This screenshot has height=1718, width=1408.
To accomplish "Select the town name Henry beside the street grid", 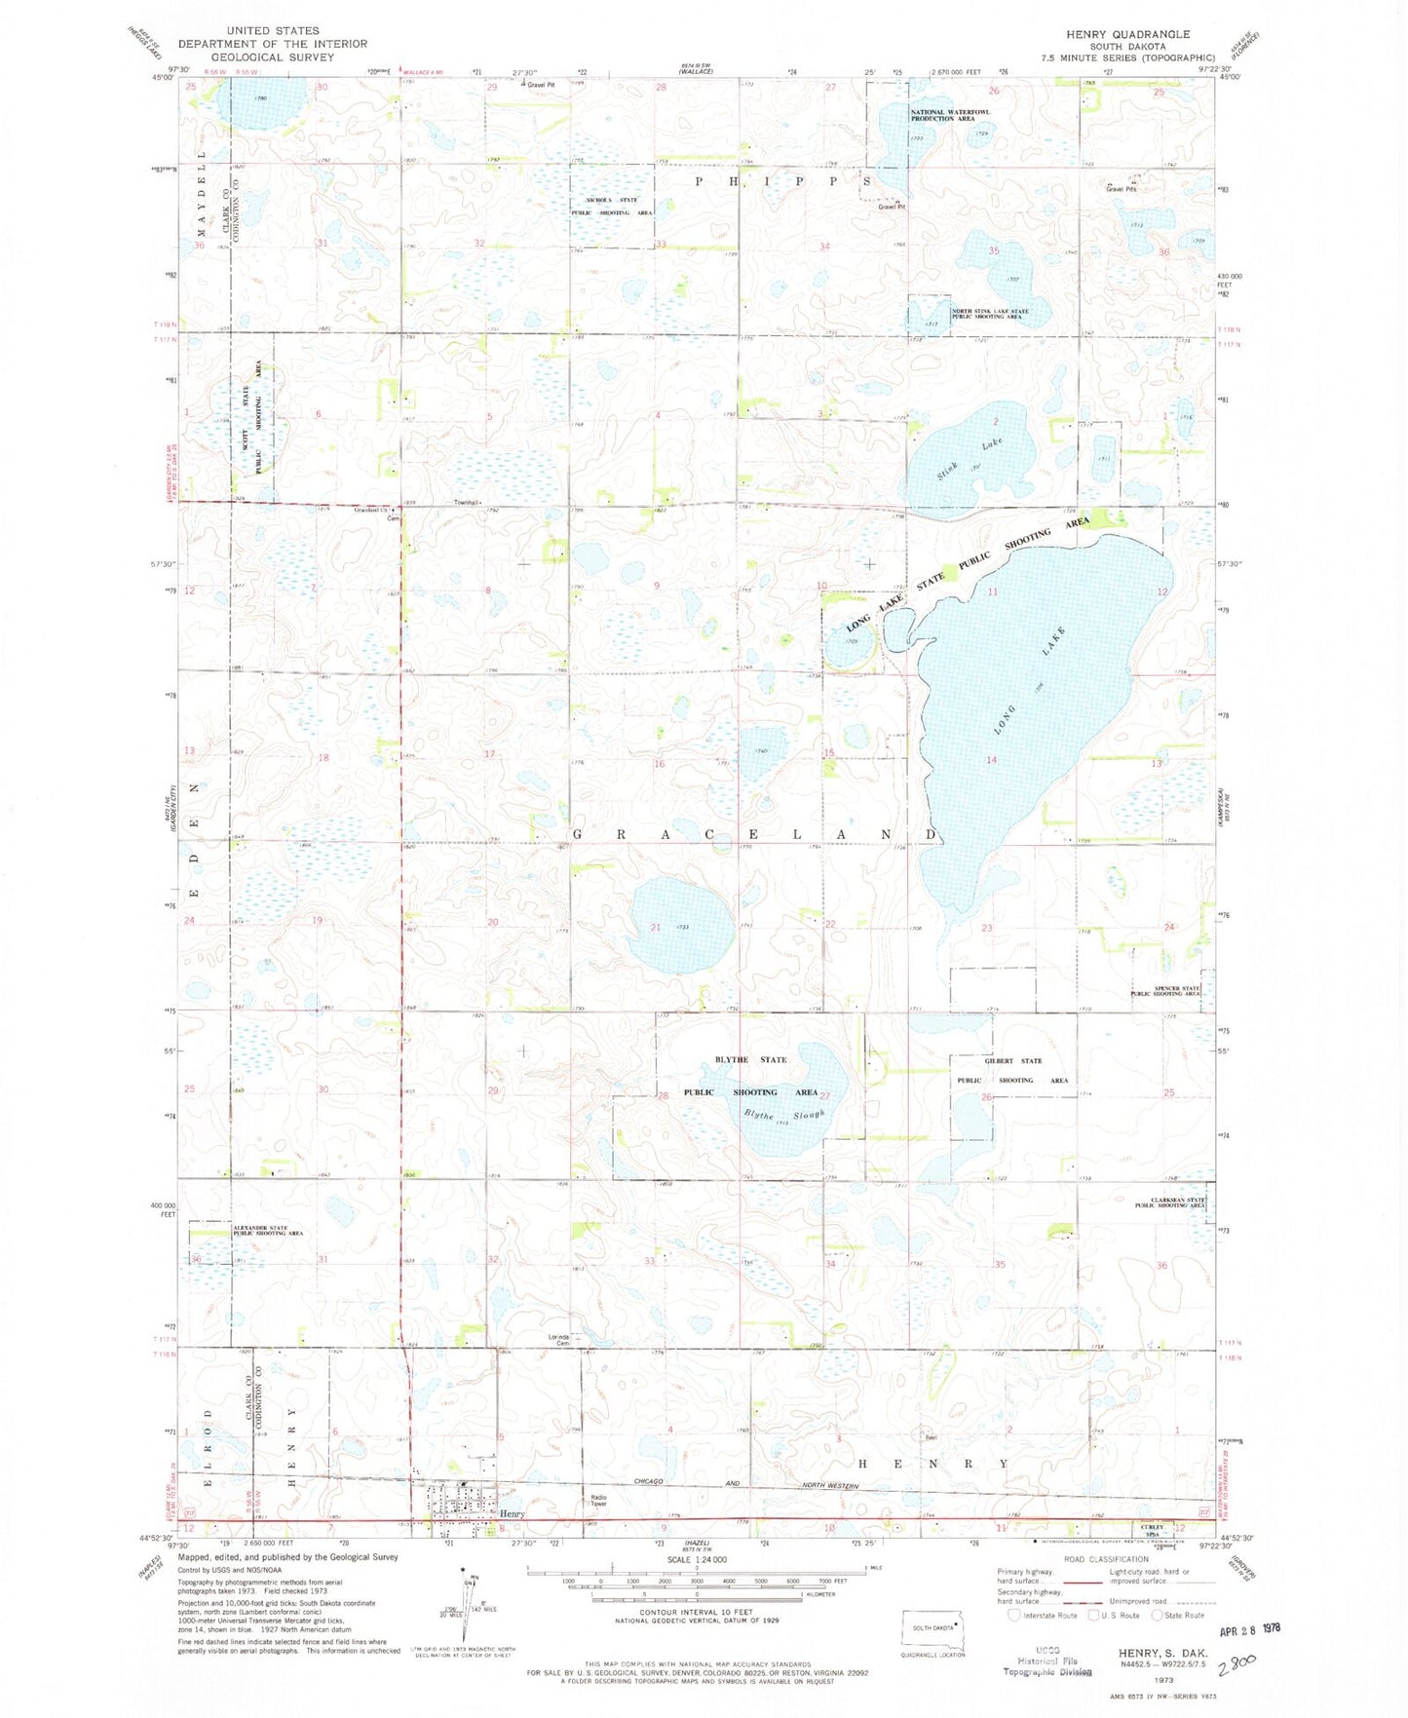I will (x=513, y=1513).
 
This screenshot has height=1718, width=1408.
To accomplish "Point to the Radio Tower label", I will (x=597, y=1502).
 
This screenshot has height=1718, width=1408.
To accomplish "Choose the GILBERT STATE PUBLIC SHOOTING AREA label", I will (x=1013, y=1070).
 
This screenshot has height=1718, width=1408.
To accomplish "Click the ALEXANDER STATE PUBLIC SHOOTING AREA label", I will (x=267, y=1231).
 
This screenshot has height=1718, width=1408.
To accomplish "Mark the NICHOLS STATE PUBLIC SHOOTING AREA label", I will (x=619, y=206).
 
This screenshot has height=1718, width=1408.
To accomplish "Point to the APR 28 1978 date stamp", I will (x=1251, y=1629).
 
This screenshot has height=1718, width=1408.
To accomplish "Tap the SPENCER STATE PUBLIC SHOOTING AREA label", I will (x=1165, y=991).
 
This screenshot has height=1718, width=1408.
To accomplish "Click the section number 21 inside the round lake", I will (x=656, y=927).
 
